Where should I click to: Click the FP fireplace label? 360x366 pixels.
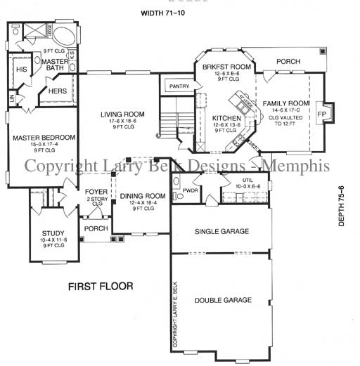pyautogui.click(x=322, y=114)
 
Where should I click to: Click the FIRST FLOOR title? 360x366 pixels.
pyautogui.click(x=101, y=287)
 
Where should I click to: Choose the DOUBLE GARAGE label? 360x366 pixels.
pyautogui.click(x=223, y=300)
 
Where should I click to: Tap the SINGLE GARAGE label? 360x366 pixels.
pyautogui.click(x=221, y=231)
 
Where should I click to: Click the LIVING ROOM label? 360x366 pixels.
pyautogui.click(x=122, y=115)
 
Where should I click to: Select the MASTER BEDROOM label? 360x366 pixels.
pyautogui.click(x=43, y=138)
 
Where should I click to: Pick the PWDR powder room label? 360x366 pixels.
pyautogui.click(x=189, y=189)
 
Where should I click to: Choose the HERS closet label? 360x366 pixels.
pyautogui.click(x=58, y=91)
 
